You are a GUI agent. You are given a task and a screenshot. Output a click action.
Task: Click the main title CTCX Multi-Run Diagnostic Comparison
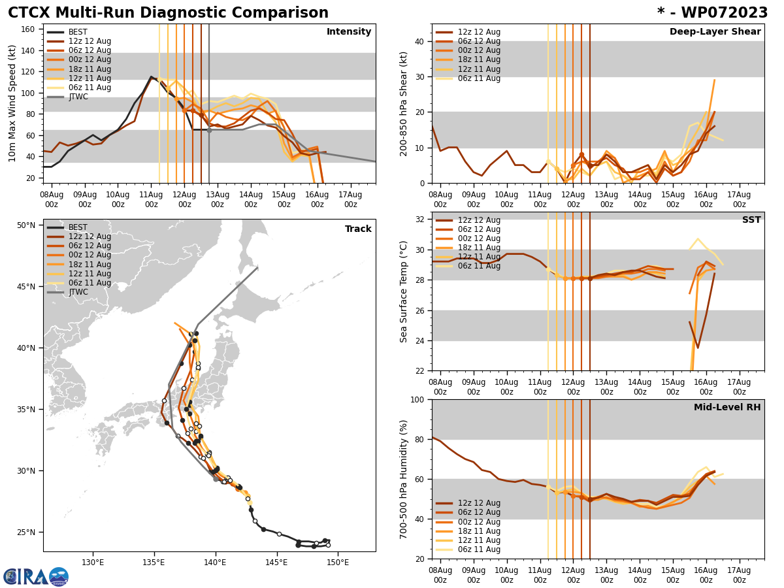click(x=168, y=13)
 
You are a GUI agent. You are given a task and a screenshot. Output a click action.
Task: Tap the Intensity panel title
click(x=349, y=32)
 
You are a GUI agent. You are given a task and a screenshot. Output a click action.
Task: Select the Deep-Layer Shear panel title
click(x=715, y=32)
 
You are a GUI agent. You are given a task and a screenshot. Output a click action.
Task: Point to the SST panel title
click(x=751, y=220)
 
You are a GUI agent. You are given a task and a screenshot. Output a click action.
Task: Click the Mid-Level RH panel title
click(x=727, y=408)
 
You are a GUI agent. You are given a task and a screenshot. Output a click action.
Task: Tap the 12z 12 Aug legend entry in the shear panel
click(x=479, y=32)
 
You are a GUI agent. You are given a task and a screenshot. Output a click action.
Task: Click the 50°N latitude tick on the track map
click(x=26, y=225)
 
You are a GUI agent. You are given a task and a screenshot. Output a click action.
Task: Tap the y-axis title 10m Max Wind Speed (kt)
click(x=12, y=103)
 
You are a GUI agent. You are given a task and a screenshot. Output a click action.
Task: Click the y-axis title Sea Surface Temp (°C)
click(x=404, y=291)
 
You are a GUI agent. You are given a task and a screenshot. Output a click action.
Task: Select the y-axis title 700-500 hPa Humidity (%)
click(x=404, y=479)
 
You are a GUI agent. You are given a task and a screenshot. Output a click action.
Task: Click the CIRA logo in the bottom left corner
click(x=36, y=576)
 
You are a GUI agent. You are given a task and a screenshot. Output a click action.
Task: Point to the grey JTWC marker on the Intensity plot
click(x=209, y=130)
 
